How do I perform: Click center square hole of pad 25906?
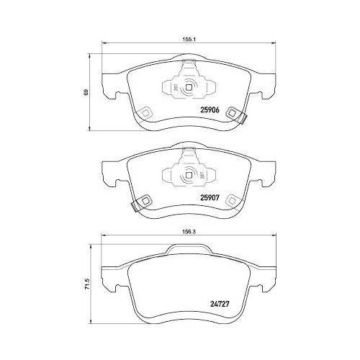(189, 89)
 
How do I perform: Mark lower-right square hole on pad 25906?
(231, 112)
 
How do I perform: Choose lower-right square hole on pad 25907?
(230, 199)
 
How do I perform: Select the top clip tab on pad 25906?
(189, 68)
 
